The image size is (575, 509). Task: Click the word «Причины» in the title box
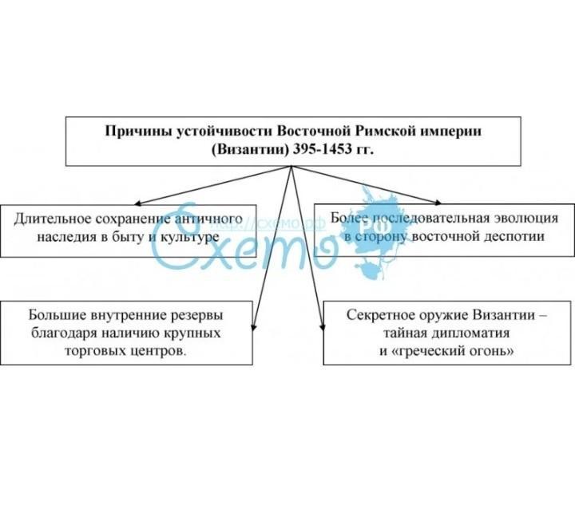pos(131,130)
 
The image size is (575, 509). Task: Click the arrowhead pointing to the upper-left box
pos(136,203)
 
